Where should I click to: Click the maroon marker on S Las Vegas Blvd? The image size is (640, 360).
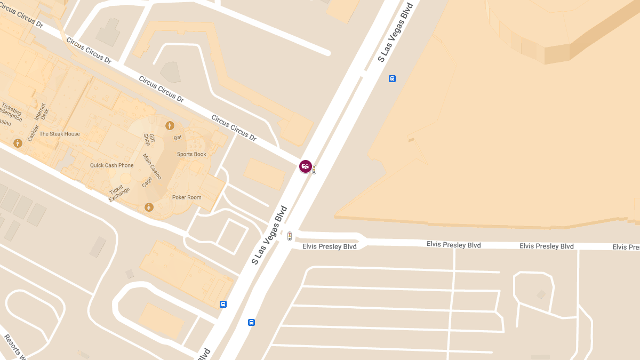click(306, 166)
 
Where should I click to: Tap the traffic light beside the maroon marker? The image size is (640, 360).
click(314, 170)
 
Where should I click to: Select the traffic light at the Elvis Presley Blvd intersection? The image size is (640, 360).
click(290, 236)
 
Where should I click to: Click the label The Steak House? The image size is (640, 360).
click(60, 134)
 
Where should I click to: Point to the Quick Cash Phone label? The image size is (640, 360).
click(112, 165)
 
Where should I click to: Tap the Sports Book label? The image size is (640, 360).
click(191, 154)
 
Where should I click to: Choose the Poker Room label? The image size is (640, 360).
click(187, 197)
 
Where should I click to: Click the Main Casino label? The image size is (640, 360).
click(151, 166)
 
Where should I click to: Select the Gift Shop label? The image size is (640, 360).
click(149, 139)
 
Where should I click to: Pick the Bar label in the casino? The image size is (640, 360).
click(178, 138)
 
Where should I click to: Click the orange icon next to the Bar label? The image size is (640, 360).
click(170, 126)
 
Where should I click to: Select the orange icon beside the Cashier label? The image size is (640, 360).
click(18, 143)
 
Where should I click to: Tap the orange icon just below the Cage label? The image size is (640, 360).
click(149, 207)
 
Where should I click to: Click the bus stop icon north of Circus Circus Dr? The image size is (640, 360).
click(393, 79)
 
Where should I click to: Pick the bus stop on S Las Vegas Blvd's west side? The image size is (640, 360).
click(223, 304)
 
